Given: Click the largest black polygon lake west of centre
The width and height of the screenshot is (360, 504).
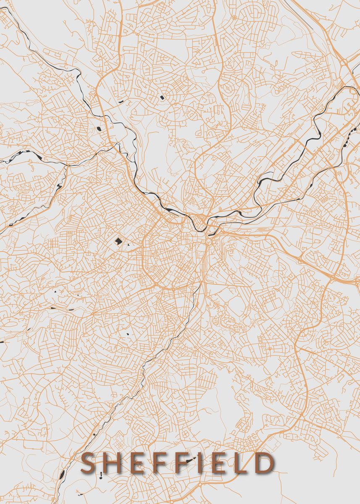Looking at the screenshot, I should pos(118,241).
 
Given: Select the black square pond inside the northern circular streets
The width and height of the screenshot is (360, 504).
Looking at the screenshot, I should pos(162,97).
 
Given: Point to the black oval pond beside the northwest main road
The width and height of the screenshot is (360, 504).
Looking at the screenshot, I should pos(99,129).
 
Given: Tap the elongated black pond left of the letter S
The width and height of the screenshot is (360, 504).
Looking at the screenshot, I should pos(62,475).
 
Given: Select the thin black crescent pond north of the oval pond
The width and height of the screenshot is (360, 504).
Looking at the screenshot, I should pos(121,102).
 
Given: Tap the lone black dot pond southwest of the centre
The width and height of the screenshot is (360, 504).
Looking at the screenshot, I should pos(127,334).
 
